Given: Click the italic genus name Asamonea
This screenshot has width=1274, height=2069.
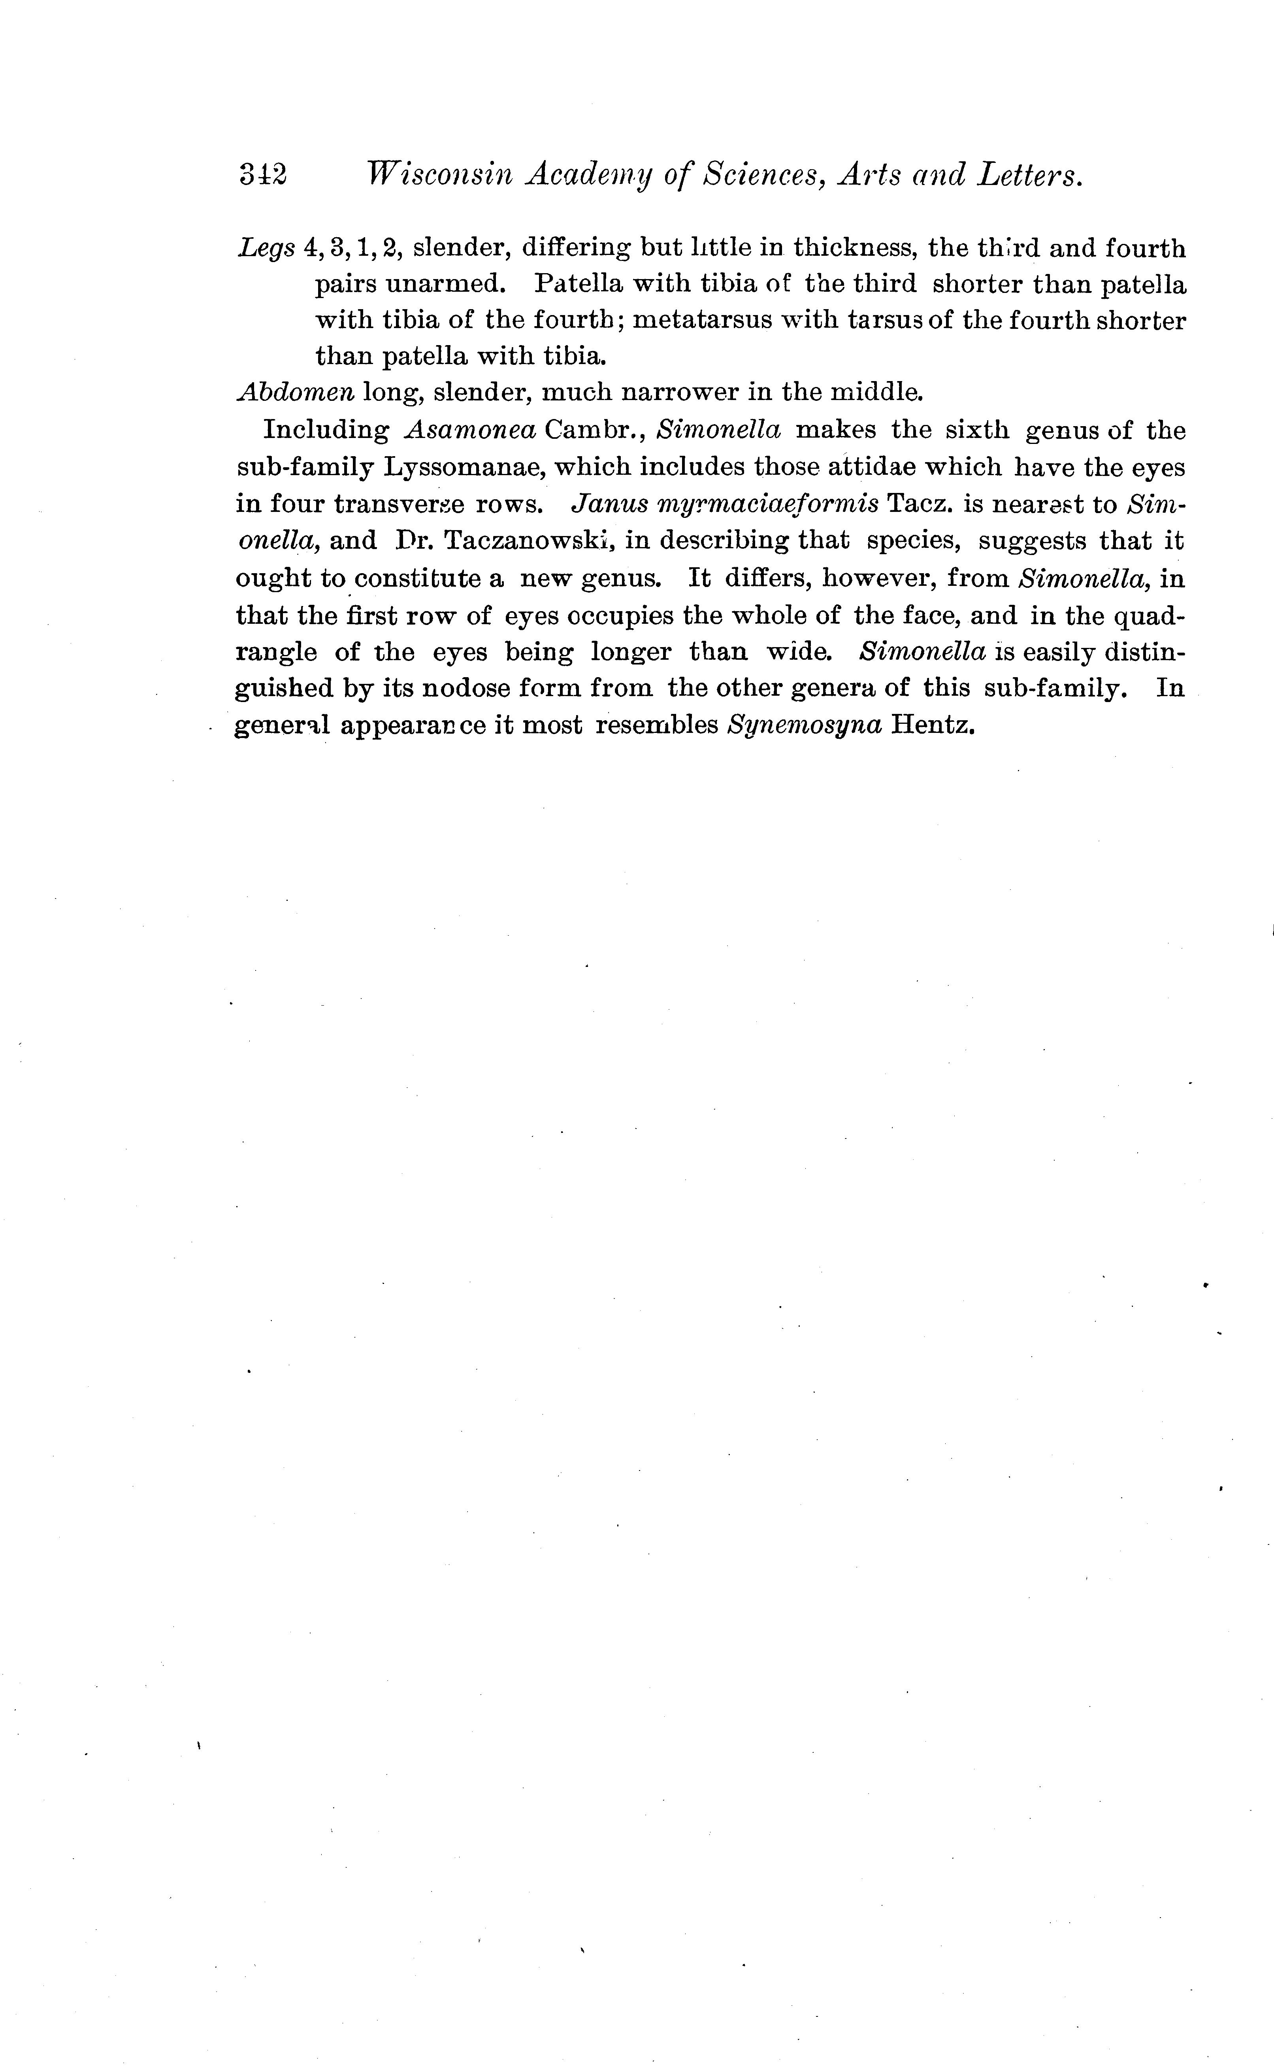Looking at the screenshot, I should coord(470,430).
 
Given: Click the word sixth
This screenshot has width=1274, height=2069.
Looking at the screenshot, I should coord(976,430).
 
